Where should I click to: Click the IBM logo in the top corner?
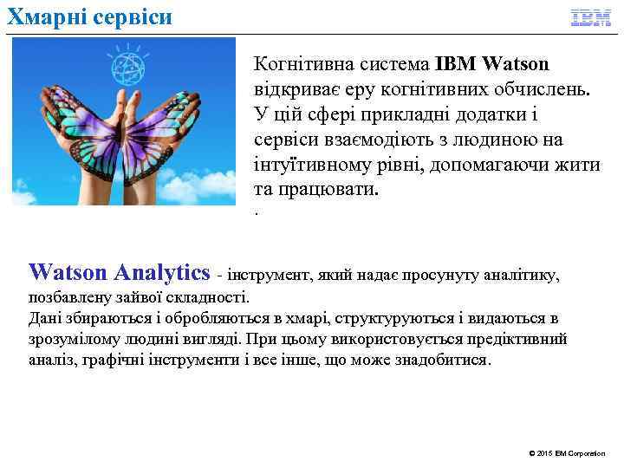[x=590, y=17]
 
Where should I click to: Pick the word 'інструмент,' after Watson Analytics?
[x=275, y=276]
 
